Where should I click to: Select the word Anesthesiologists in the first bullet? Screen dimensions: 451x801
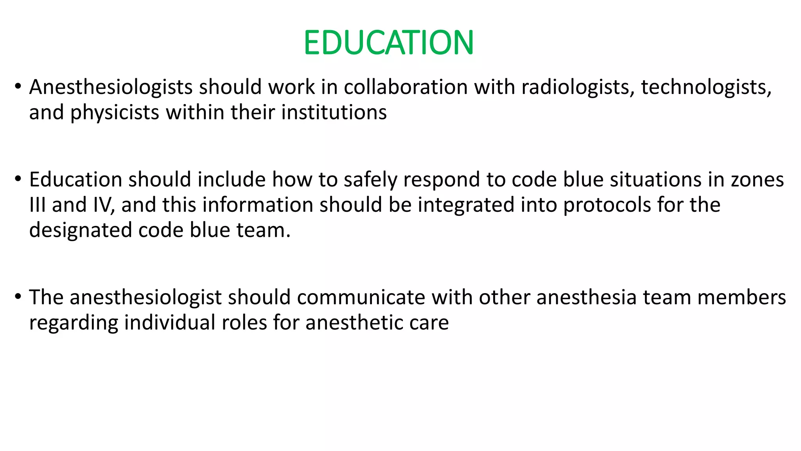click(111, 87)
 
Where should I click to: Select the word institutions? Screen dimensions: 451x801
click(334, 113)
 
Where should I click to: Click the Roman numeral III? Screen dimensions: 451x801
click(37, 205)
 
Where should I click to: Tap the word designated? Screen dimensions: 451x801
click(81, 230)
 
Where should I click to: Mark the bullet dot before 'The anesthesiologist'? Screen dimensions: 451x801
click(18, 296)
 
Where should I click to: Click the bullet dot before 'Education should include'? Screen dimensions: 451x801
click(18, 179)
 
